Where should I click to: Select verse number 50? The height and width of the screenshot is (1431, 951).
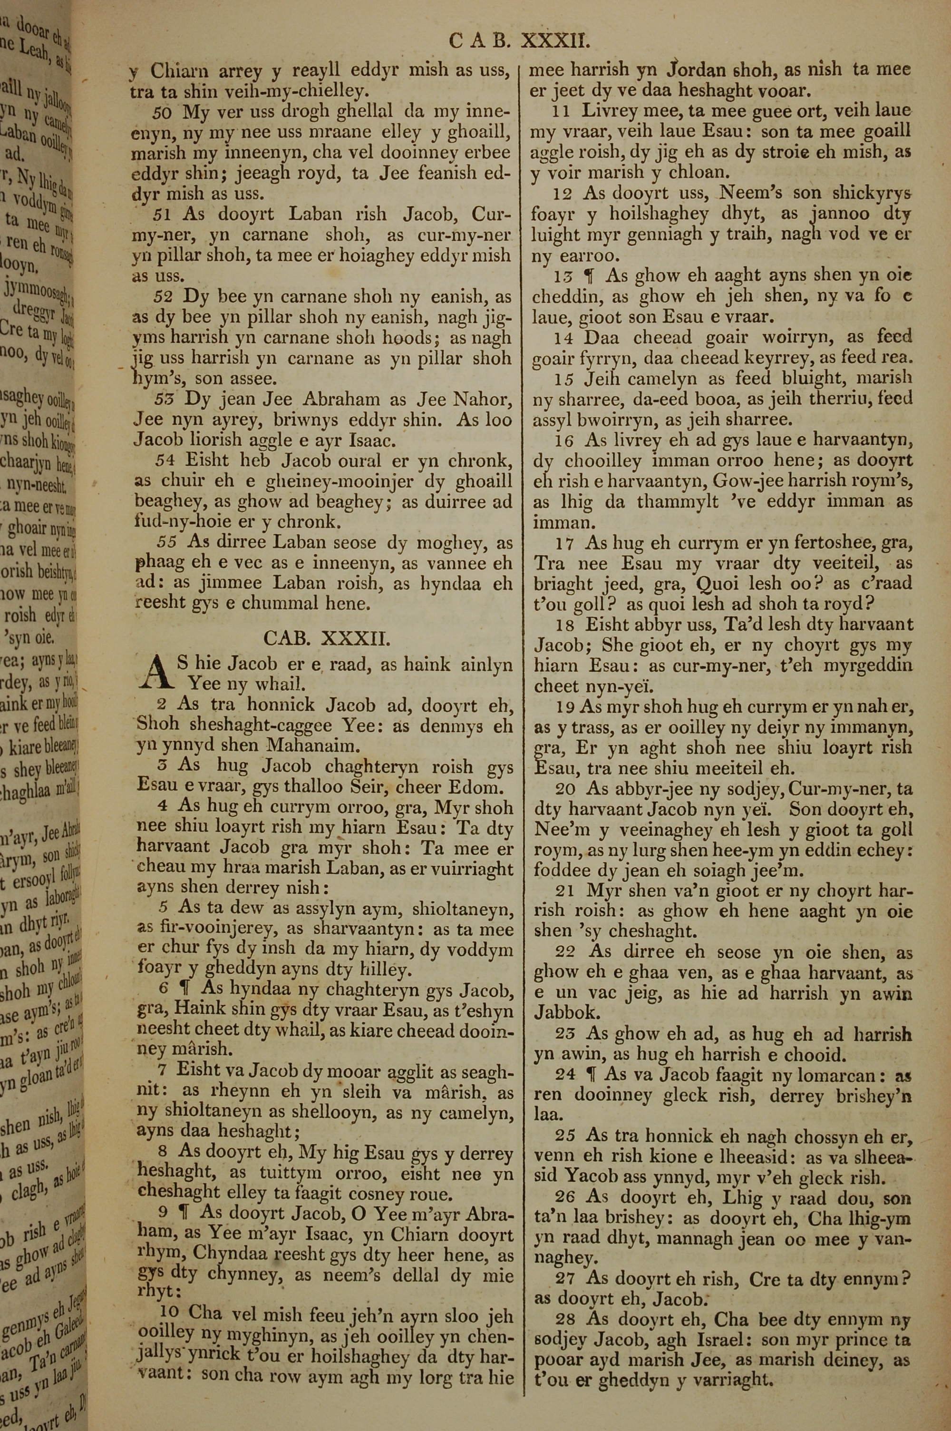pos(163,113)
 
